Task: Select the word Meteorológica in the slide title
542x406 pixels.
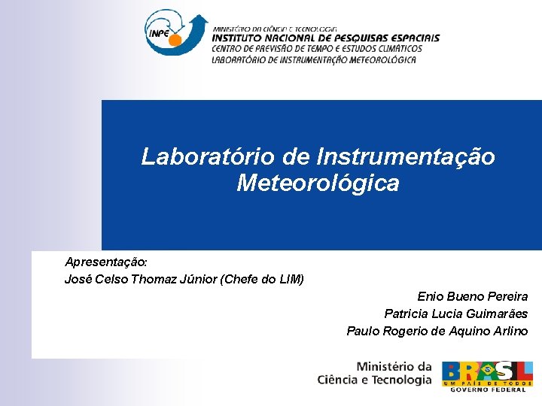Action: click(318, 183)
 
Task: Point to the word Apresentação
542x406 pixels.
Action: click(106, 262)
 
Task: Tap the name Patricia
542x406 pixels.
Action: click(408, 314)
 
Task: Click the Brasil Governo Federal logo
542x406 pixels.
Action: click(487, 376)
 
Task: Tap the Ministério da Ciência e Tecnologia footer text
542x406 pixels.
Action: click(375, 374)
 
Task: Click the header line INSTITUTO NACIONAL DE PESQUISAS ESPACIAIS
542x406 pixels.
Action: click(325, 38)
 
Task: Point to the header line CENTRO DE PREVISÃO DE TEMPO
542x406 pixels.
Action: click(317, 50)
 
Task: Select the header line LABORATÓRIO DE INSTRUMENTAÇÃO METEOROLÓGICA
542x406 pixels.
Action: click(314, 60)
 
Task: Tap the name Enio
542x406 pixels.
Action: click(431, 297)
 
